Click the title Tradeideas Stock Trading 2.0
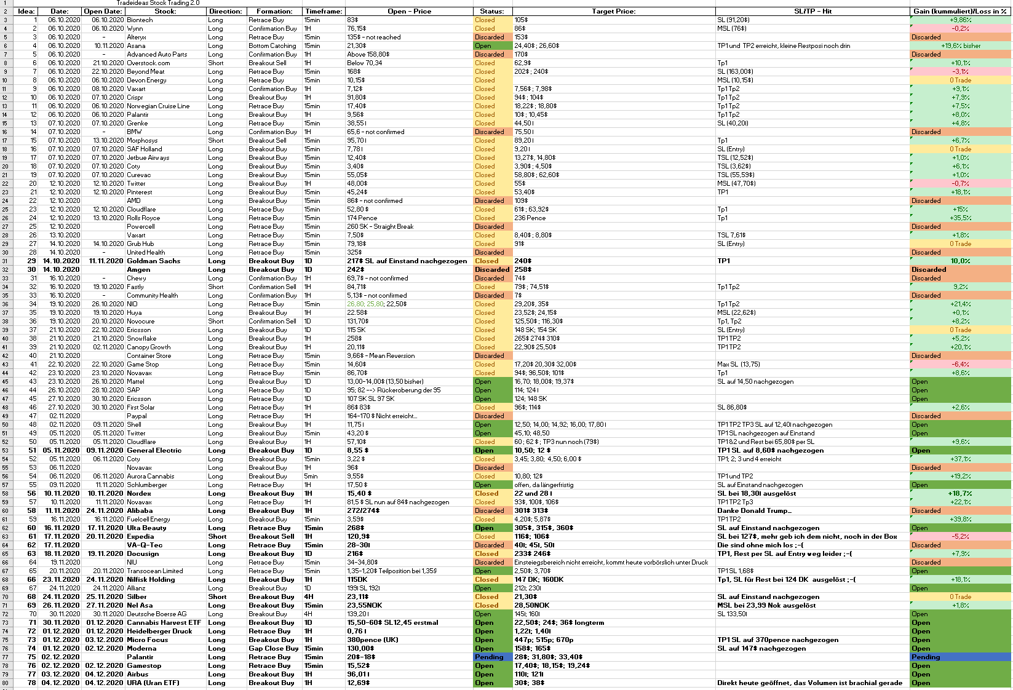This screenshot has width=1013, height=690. pyautogui.click(x=158, y=3)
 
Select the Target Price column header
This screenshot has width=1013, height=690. pyautogui.click(x=613, y=11)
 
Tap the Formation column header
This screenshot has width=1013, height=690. pyautogui.click(x=274, y=11)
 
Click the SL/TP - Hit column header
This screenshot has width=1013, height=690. pyautogui.click(x=812, y=11)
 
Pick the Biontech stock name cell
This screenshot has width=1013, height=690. pyautogui.click(x=140, y=20)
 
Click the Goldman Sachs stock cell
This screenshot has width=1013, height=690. pyautogui.click(x=153, y=261)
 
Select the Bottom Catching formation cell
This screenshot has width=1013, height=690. pyautogui.click(x=272, y=46)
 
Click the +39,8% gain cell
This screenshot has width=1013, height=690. pyautogui.click(x=960, y=519)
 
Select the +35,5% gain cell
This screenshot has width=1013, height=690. pyautogui.click(x=960, y=218)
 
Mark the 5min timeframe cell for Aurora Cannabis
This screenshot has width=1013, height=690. pyautogui.click(x=311, y=476)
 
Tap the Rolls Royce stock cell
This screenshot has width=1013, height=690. pyautogui.click(x=143, y=218)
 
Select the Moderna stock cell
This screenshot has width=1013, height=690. pyautogui.click(x=143, y=648)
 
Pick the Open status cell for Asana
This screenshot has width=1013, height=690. pyautogui.click(x=483, y=46)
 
